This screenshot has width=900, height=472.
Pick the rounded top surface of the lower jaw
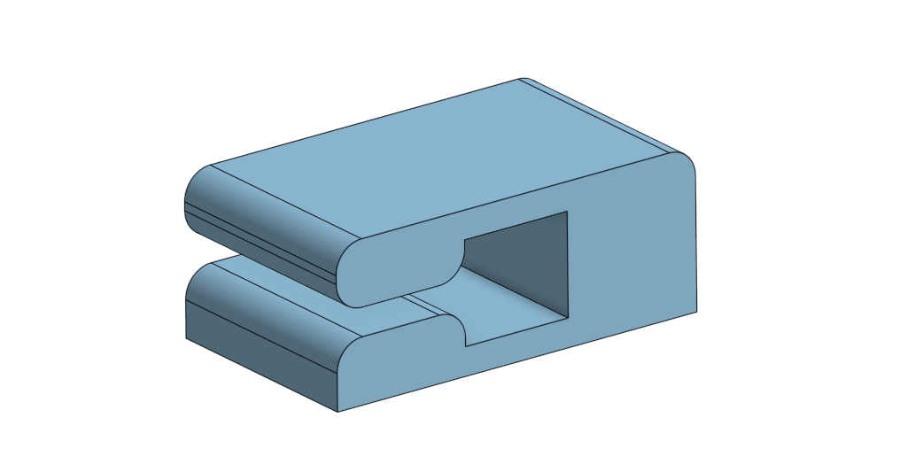(266, 297)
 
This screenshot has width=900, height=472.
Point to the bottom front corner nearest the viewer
(338, 412)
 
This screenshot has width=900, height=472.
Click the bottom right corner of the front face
(695, 312)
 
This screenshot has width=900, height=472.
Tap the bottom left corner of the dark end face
(185, 338)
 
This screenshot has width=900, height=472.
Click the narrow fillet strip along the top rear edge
(602, 115)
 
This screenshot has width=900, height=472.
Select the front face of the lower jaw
(390, 363)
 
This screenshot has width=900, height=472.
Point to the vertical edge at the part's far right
(695, 239)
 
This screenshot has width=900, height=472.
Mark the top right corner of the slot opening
(567, 212)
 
